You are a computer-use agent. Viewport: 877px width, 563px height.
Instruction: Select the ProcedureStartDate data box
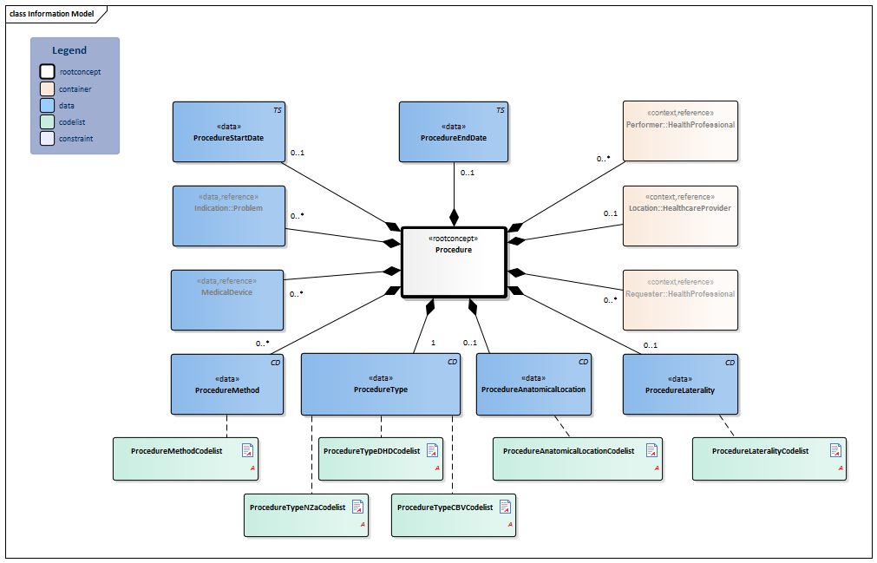[x=229, y=132]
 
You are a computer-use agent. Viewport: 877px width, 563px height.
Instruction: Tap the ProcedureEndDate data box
[x=453, y=132]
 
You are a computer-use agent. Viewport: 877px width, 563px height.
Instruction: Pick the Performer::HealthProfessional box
[x=680, y=131]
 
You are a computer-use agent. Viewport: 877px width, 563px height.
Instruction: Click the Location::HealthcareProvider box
[x=680, y=215]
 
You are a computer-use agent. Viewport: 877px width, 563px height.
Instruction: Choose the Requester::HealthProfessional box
[x=680, y=300]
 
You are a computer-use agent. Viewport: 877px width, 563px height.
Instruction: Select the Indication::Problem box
[x=228, y=215]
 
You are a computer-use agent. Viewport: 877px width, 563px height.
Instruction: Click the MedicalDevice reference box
[x=228, y=300]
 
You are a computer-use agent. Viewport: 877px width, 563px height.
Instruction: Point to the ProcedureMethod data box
[x=227, y=384]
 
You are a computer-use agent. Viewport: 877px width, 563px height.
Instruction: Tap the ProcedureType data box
[x=380, y=384]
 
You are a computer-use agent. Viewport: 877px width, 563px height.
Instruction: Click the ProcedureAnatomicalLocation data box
[x=533, y=384]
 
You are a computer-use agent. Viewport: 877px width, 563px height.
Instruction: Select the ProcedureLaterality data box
[x=680, y=384]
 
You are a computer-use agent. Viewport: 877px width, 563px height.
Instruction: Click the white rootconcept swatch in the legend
[x=47, y=72]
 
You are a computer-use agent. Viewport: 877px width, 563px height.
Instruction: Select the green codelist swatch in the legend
[x=47, y=122]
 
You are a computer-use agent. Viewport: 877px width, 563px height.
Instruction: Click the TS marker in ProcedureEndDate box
[x=500, y=110]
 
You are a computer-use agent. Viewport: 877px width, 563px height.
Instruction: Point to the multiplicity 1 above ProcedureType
[x=433, y=343]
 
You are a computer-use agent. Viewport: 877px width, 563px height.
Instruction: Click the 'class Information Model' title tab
[x=51, y=14]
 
